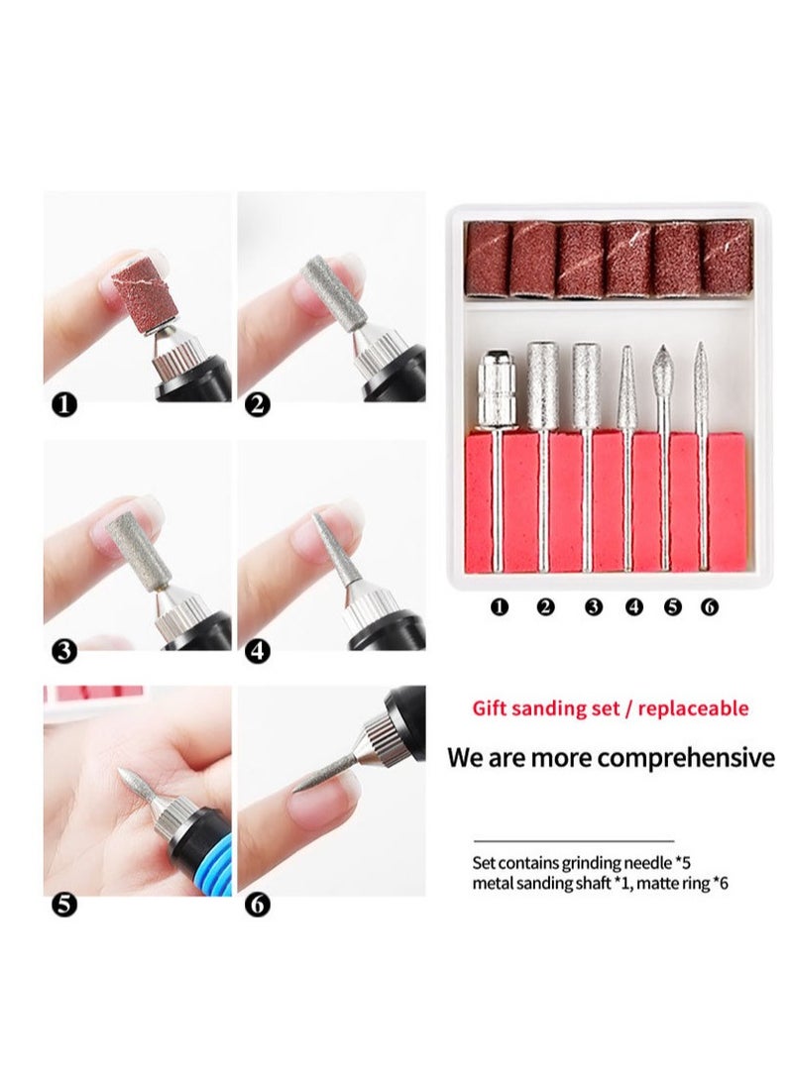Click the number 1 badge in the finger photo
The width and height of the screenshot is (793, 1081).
point(63,403)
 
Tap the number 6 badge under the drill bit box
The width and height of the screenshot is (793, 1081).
point(709,606)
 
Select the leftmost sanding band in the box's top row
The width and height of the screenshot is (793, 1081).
point(487,259)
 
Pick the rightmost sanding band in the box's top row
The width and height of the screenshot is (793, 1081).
point(727,258)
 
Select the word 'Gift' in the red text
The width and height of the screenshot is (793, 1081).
point(491,708)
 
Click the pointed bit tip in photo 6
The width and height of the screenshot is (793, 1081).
point(307,782)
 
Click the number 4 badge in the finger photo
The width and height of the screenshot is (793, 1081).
point(257,651)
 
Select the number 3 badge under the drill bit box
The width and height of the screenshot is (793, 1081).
point(593,606)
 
